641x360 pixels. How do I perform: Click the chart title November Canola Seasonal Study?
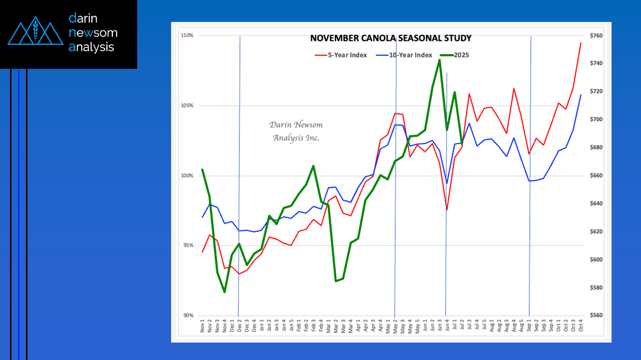point(391,38)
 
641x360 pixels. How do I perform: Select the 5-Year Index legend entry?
point(341,55)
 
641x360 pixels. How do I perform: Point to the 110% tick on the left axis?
point(187,36)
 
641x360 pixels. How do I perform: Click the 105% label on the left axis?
point(187,106)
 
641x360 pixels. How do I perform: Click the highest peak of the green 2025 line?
point(439,60)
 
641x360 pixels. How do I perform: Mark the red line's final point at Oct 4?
point(581,43)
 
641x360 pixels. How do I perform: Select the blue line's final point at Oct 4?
point(581,95)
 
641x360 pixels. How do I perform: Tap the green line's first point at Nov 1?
point(202,170)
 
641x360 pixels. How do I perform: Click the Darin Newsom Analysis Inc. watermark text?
point(296,131)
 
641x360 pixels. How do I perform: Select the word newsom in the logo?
point(93,33)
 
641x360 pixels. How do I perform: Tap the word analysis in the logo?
point(92,47)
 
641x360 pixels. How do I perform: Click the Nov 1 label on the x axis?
point(203,328)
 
